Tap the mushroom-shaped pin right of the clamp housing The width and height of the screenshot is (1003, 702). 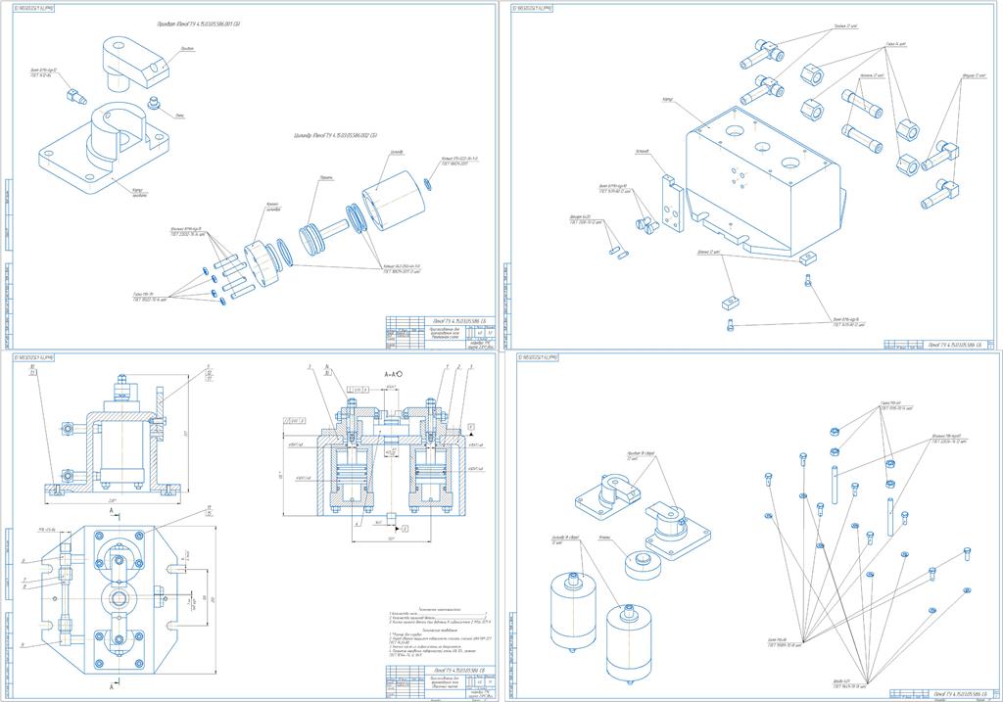pos(153,102)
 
